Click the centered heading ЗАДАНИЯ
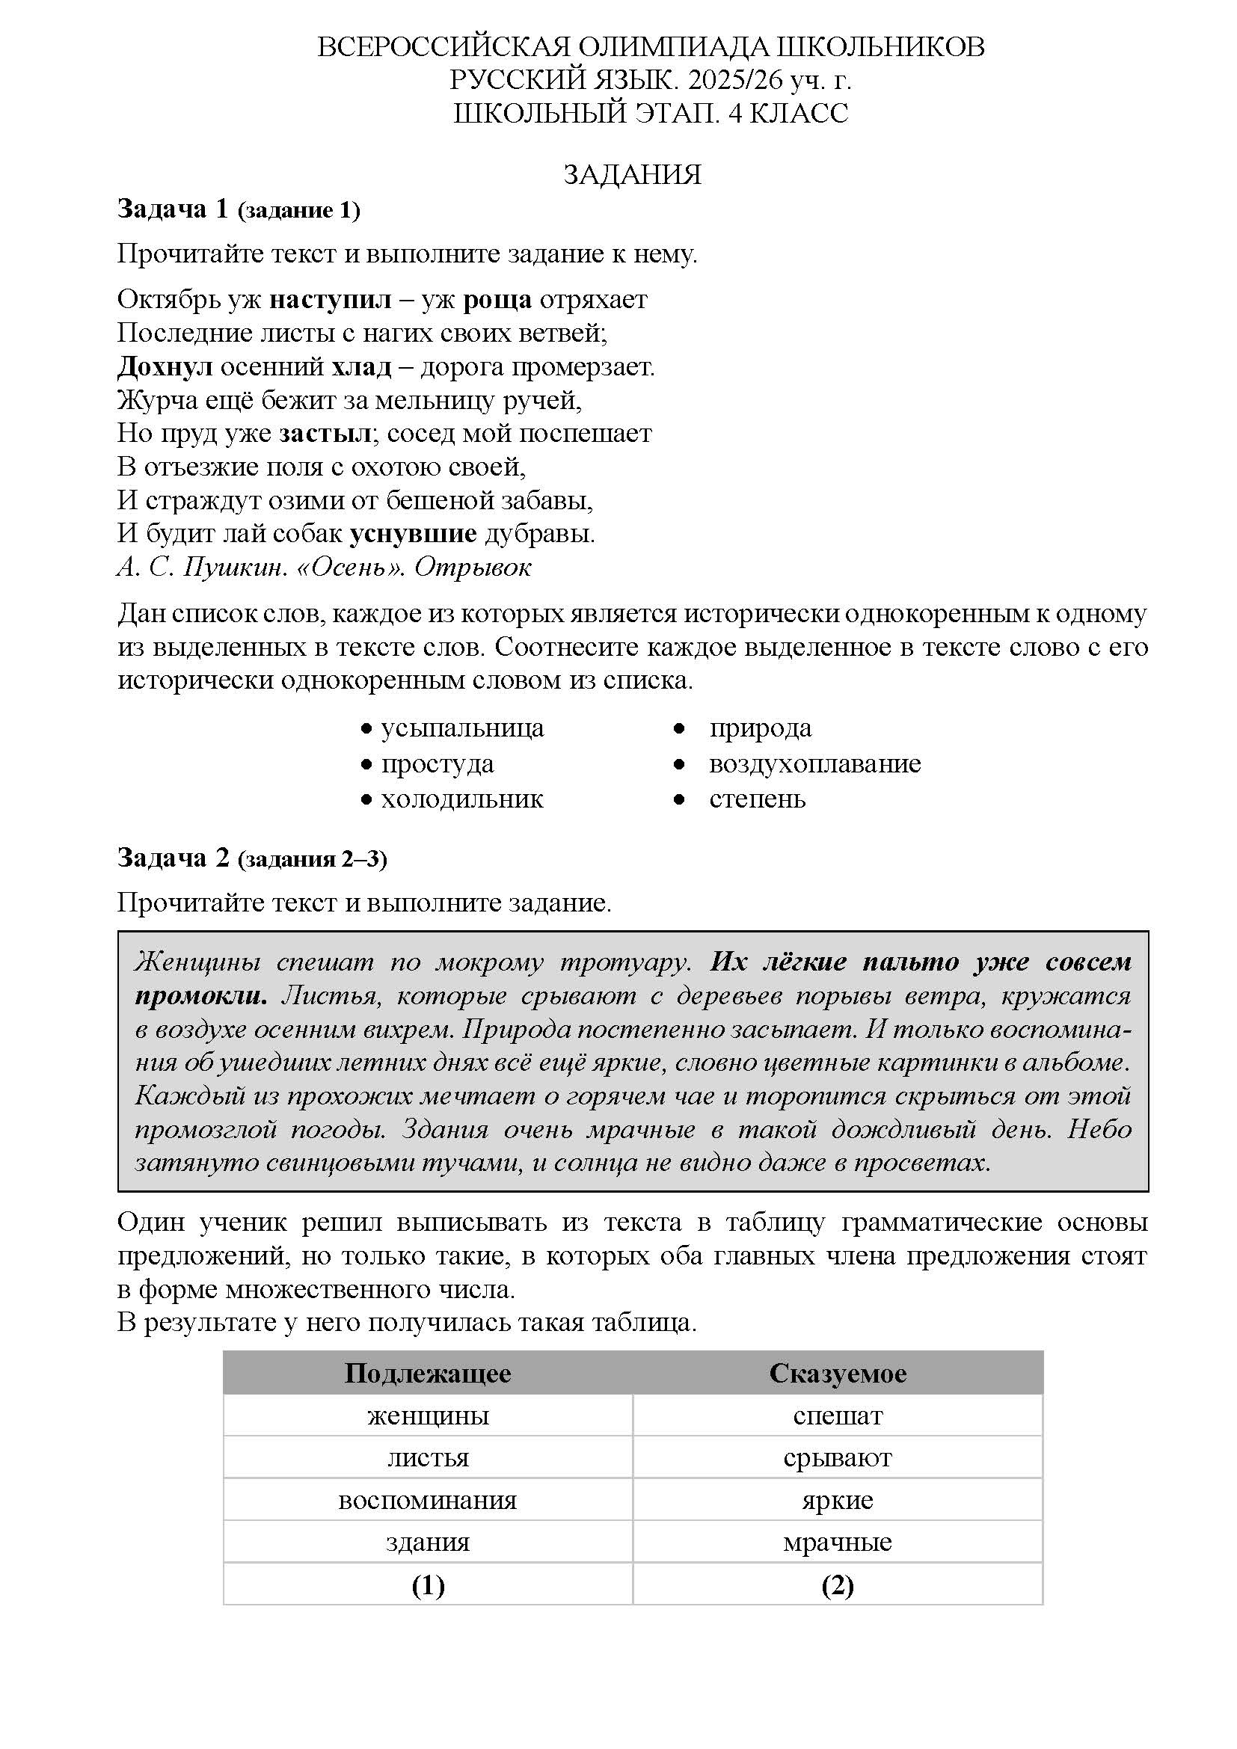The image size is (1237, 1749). point(631,174)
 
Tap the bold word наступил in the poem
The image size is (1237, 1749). point(331,299)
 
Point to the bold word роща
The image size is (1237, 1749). point(497,299)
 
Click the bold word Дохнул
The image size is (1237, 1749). point(165,366)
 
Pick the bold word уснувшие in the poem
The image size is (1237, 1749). point(413,533)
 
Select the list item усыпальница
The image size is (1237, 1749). point(462,728)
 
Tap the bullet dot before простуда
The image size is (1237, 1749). point(366,764)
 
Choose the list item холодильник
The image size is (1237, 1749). point(462,799)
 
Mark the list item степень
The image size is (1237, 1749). point(757,799)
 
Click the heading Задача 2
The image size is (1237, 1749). point(173,858)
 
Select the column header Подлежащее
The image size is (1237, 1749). point(427,1374)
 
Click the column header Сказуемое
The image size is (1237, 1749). point(837,1374)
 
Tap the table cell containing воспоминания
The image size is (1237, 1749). point(427,1500)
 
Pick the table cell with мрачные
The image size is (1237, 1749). point(837,1542)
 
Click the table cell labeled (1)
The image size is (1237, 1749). point(427,1585)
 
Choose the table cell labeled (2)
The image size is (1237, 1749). point(837,1585)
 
